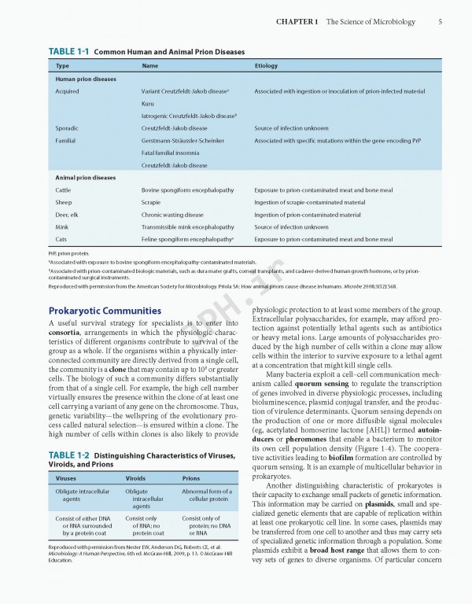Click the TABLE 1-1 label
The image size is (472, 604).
pos(69,52)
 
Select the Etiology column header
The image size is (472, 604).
pos(266,66)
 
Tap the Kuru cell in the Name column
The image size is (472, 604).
pos(148,104)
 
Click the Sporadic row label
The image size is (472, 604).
pos(67,128)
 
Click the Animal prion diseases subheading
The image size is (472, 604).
pos(85,178)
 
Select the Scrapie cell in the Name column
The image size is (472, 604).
pos(151,202)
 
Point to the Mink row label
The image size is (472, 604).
pos(63,226)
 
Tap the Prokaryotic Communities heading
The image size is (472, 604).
pos(99,310)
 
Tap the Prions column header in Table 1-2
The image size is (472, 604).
pos(190,477)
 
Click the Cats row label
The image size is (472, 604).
pos(61,238)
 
